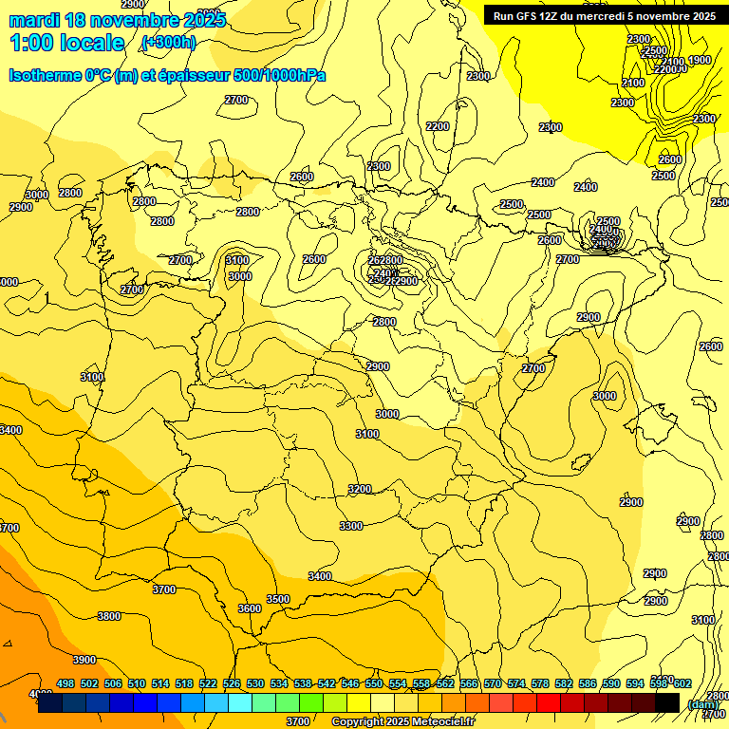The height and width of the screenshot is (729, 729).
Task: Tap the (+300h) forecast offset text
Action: (x=168, y=43)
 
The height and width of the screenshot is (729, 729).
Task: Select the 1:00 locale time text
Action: (x=66, y=43)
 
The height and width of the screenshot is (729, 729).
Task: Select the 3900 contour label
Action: (x=84, y=660)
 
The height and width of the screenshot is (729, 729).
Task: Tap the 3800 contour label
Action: (x=109, y=616)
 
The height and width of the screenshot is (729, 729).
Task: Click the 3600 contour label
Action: (x=250, y=608)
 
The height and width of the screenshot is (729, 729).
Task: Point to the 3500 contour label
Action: (x=277, y=599)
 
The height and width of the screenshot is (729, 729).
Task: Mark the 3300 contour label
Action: (x=351, y=526)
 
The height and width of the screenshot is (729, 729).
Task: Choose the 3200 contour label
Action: (x=359, y=489)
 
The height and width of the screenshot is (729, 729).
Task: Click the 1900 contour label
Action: (x=700, y=61)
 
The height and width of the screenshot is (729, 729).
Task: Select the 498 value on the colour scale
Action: (x=65, y=683)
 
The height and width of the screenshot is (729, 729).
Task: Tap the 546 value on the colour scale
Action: (x=350, y=683)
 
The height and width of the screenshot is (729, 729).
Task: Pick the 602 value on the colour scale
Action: (x=682, y=683)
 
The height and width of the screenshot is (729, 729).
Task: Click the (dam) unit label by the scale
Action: (x=701, y=704)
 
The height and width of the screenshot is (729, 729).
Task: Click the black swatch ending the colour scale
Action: (x=667, y=702)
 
